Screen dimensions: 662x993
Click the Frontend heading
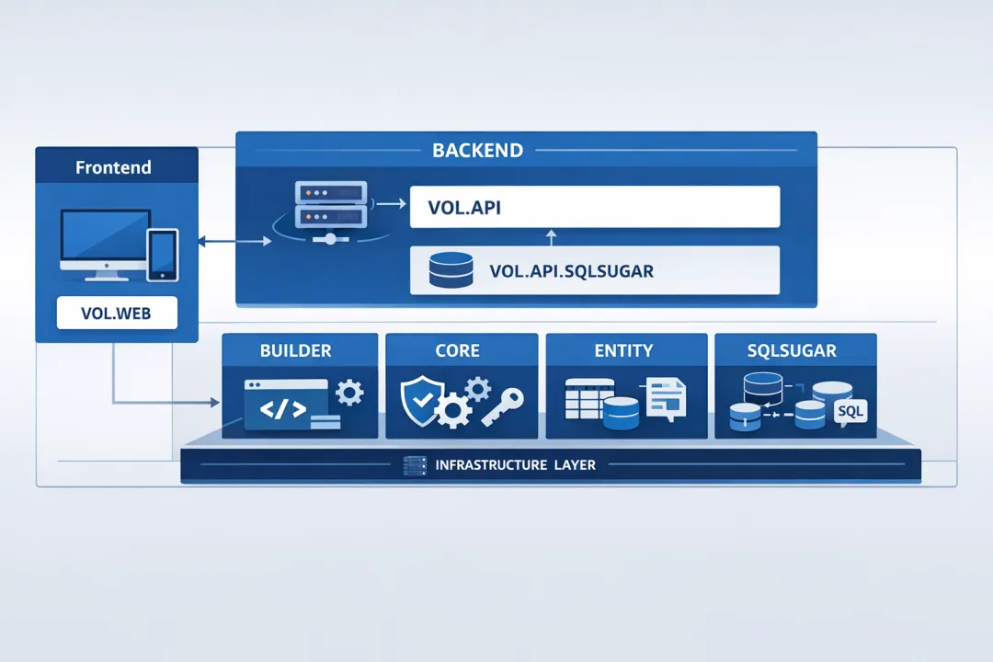pos(113,168)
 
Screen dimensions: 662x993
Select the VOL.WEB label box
pos(116,313)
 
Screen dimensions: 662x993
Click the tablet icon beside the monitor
pos(163,253)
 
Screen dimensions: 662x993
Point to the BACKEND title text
pos(477,150)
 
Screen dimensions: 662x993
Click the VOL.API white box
pos(594,207)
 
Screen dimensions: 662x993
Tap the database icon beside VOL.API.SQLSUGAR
pos(451,270)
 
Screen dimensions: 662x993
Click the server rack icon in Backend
pos(330,206)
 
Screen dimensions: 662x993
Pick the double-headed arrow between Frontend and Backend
pos(234,242)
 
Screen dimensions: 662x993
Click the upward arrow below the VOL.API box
pos(552,237)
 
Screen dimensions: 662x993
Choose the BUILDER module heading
pos(296,350)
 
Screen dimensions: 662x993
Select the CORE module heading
pos(458,350)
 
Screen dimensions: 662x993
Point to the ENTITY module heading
pos(623,350)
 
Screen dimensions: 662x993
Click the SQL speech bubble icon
pos(850,412)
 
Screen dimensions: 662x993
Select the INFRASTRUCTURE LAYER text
pos(515,465)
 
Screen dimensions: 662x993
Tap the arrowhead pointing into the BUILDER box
pos(215,403)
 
